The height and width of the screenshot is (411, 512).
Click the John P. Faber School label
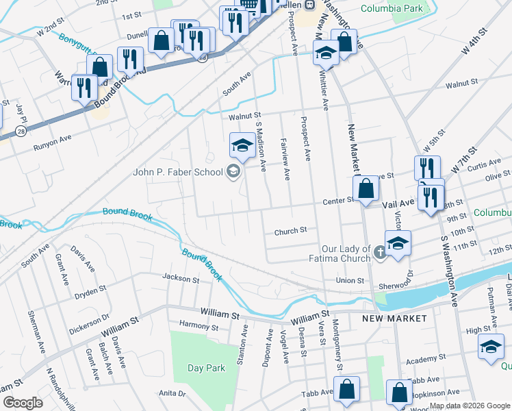click(178, 172)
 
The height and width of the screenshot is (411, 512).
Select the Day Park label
click(206, 368)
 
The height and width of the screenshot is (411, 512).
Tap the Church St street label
click(290, 232)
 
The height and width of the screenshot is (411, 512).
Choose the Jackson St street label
click(180, 278)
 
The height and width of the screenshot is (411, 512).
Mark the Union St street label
click(350, 280)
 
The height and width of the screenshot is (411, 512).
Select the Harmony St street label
click(199, 327)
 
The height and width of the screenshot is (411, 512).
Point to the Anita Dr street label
click(172, 393)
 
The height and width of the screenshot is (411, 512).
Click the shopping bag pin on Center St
click(366, 188)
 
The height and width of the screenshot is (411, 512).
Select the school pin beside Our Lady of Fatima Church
click(398, 242)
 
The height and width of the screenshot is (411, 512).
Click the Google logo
click(23, 402)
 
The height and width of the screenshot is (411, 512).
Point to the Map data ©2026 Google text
click(470, 406)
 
